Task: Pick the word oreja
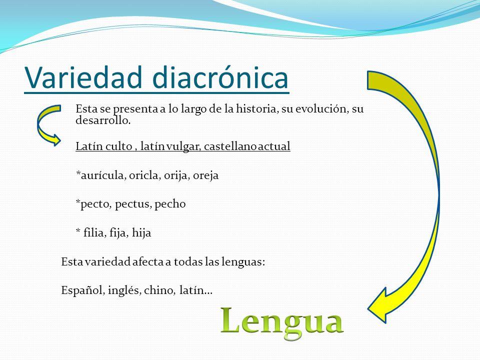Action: (x=205, y=175)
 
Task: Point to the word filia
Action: (x=93, y=233)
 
